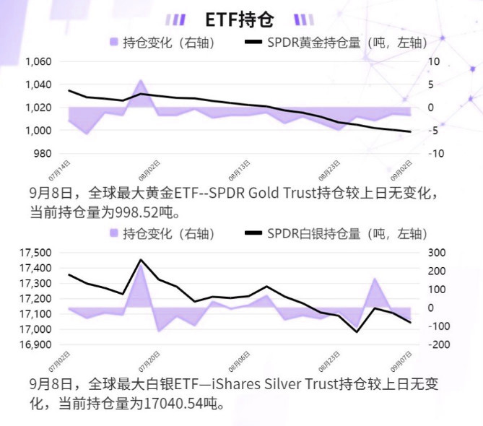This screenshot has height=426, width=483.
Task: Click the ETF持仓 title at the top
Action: pos(240,19)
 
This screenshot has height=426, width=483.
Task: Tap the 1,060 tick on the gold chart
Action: pos(38,62)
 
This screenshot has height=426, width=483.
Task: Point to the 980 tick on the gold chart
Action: pos(43,154)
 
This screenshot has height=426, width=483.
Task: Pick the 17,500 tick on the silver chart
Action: pos(35,253)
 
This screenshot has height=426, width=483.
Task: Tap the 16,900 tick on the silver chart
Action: pos(35,344)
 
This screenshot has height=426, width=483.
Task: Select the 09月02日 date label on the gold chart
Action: pos(402,172)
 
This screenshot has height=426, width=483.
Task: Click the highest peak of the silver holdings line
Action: pos(140,260)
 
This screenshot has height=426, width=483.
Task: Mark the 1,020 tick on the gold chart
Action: pos(38,108)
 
